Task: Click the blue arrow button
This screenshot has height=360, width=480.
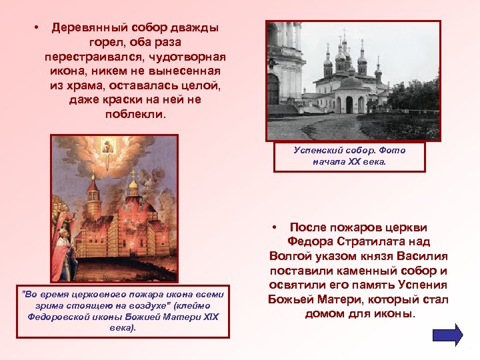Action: [447, 334]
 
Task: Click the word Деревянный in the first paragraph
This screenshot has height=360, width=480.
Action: [89, 29]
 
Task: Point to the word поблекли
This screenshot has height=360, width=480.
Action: [134, 114]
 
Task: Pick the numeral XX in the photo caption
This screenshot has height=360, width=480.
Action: [355, 161]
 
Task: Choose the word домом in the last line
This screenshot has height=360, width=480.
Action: [325, 313]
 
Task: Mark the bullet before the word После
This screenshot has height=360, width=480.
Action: [275, 227]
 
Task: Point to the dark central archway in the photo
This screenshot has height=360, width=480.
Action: [349, 105]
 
